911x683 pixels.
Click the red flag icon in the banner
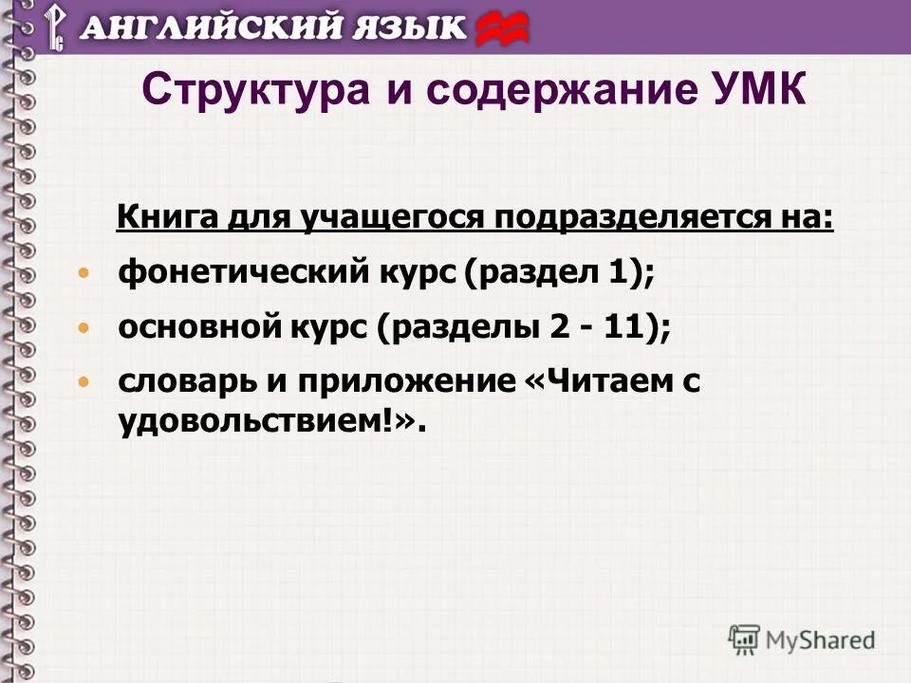502,28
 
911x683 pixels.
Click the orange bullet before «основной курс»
84,328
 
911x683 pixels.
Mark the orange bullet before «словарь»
84,382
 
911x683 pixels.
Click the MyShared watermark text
820,639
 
